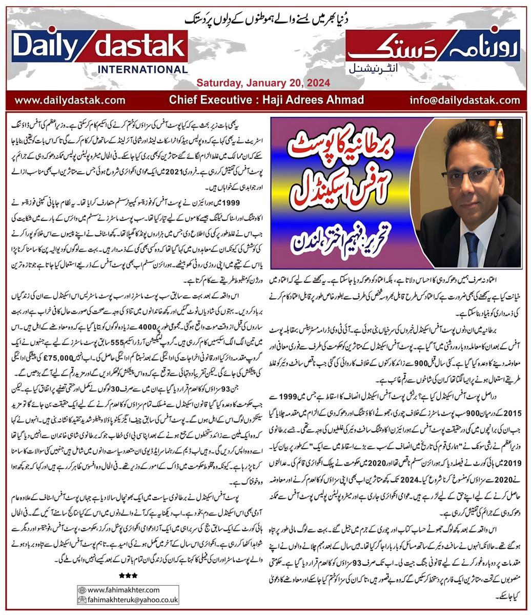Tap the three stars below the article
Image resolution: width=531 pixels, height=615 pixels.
tap(128, 576)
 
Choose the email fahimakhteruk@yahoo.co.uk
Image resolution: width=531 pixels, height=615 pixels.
tap(133, 600)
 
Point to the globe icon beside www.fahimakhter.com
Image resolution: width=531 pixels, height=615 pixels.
tap(81, 589)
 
